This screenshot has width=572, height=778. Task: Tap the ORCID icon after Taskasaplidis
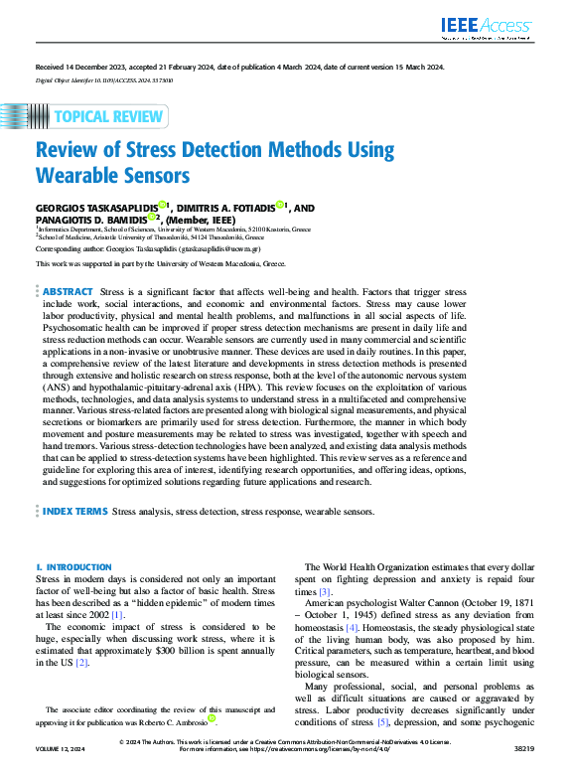coord(161,206)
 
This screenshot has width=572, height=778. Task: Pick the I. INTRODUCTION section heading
coord(67,566)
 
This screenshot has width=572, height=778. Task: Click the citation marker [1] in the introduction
coord(117,616)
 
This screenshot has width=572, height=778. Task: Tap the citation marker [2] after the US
coord(82,663)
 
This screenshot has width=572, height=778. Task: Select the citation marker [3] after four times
coord(326,592)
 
